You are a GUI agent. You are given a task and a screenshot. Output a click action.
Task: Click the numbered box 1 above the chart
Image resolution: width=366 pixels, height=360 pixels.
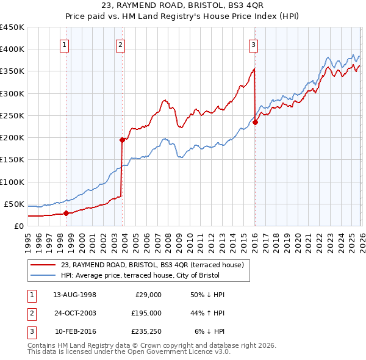tap(65, 44)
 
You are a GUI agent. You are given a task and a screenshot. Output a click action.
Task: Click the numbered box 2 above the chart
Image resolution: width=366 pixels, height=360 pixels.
tap(121, 44)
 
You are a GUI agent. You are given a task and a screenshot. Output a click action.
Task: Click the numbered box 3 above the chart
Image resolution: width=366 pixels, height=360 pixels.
tap(253, 44)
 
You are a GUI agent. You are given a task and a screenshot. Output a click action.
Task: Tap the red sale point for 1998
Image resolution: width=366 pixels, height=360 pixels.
tap(66, 213)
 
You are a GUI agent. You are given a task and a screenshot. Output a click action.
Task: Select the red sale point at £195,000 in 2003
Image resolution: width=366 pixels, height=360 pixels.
tap(122, 140)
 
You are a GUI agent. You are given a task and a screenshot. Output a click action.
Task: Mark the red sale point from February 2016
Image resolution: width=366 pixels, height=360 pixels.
tap(255, 122)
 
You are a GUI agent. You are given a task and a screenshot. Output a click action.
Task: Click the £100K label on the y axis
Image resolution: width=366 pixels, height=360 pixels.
tap(12, 182)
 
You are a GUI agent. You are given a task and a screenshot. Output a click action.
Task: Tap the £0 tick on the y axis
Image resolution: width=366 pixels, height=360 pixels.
tap(19, 226)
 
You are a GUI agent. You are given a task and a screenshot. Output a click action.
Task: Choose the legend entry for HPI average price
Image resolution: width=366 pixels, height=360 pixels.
tap(149, 275)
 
